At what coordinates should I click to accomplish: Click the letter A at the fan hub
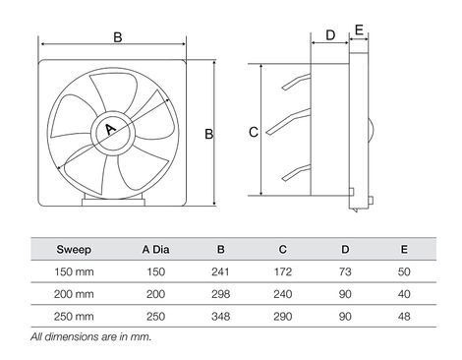109,130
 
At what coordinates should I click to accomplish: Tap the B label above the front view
118,37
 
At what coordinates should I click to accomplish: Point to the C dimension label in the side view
252,132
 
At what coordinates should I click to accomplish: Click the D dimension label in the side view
329,34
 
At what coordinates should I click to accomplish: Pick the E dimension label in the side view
360,30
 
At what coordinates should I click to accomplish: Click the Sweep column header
74,249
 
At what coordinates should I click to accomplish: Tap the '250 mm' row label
74,317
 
